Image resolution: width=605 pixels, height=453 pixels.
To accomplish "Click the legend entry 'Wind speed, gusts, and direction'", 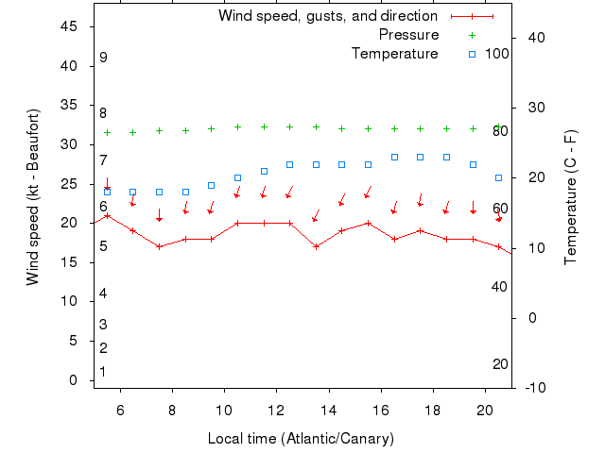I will pyautogui.click(x=327, y=16).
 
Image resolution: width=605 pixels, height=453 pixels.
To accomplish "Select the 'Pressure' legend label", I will pyautogui.click(x=408, y=35).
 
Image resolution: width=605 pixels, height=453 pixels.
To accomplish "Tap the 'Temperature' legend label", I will pyautogui.click(x=394, y=54).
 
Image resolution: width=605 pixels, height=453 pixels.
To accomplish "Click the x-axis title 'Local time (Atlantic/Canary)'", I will pyautogui.click(x=301, y=439).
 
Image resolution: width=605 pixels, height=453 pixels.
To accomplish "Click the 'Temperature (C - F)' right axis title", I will pyautogui.click(x=570, y=196).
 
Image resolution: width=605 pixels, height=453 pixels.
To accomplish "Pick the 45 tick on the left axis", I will pyautogui.click(x=69, y=26).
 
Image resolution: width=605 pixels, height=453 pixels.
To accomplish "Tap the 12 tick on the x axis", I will pyautogui.click(x=276, y=411).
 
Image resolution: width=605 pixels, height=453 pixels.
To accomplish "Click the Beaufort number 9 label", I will pyautogui.click(x=103, y=58).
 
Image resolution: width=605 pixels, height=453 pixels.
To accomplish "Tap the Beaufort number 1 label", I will pyautogui.click(x=103, y=372).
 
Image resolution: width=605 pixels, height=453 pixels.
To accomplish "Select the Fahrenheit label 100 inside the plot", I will pyautogui.click(x=497, y=54).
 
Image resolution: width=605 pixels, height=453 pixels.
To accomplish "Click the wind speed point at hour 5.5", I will pyautogui.click(x=107, y=215).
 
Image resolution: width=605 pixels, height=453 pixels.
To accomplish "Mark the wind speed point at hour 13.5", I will pyautogui.click(x=316, y=246).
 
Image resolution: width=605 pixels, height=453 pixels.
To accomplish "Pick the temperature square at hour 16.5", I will pyautogui.click(x=394, y=157).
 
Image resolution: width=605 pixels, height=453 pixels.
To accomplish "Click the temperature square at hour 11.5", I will pyautogui.click(x=264, y=171).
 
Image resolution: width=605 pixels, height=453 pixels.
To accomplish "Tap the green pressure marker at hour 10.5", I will pyautogui.click(x=237, y=126).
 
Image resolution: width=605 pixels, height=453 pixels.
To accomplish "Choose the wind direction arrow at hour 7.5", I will pyautogui.click(x=160, y=215).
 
